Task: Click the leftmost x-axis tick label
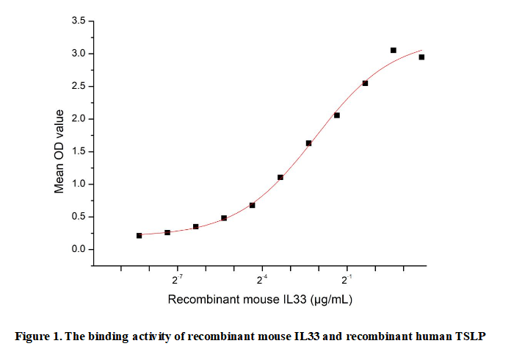coord(178,279)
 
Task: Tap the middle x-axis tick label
coord(262,279)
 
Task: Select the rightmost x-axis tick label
coord(347,279)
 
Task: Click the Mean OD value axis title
coord(59,152)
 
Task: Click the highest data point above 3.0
coord(394,50)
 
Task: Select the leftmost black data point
coord(139,235)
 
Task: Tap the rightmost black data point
coord(421,57)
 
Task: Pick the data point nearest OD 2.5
coord(365,83)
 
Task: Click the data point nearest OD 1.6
coord(308,143)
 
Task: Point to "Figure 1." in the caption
coord(38,336)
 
